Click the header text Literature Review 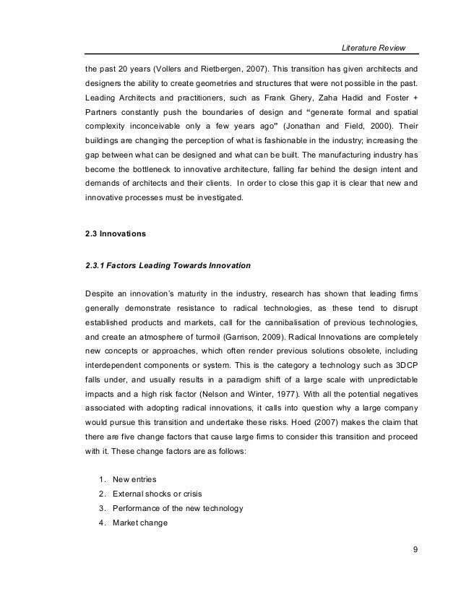pyautogui.click(x=373, y=48)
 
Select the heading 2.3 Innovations pyautogui.click(x=116, y=233)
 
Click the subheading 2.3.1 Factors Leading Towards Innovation pyautogui.click(x=168, y=265)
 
